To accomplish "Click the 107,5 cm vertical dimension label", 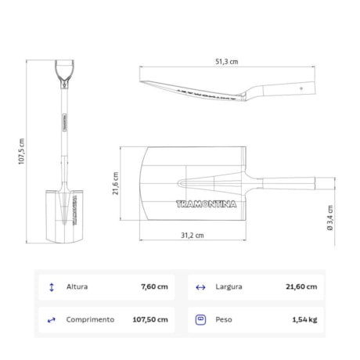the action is tap(21, 151).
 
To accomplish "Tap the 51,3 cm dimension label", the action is tap(227, 62).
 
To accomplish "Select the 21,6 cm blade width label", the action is tap(116, 183).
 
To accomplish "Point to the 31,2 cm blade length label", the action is tap(193, 236).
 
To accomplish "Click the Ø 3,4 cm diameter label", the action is tap(330, 218).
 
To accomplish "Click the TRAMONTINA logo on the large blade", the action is tap(207, 204).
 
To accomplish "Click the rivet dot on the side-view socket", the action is tap(301, 88).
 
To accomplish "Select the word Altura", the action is tap(77, 286).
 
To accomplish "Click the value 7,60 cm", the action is tap(154, 286).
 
